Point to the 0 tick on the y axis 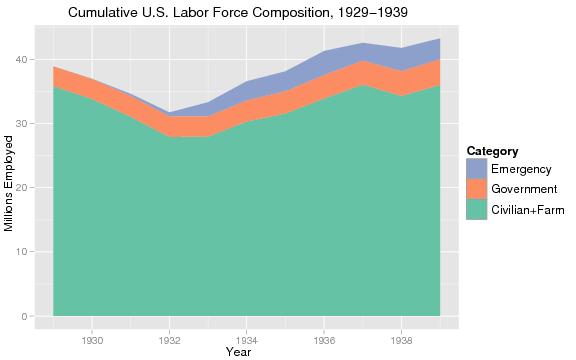click(24, 317)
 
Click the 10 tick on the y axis click(21, 252)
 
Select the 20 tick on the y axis click(21, 188)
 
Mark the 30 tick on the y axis click(21, 124)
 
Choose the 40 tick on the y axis click(21, 60)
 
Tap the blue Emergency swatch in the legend click(476, 169)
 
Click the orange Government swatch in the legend click(476, 189)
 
